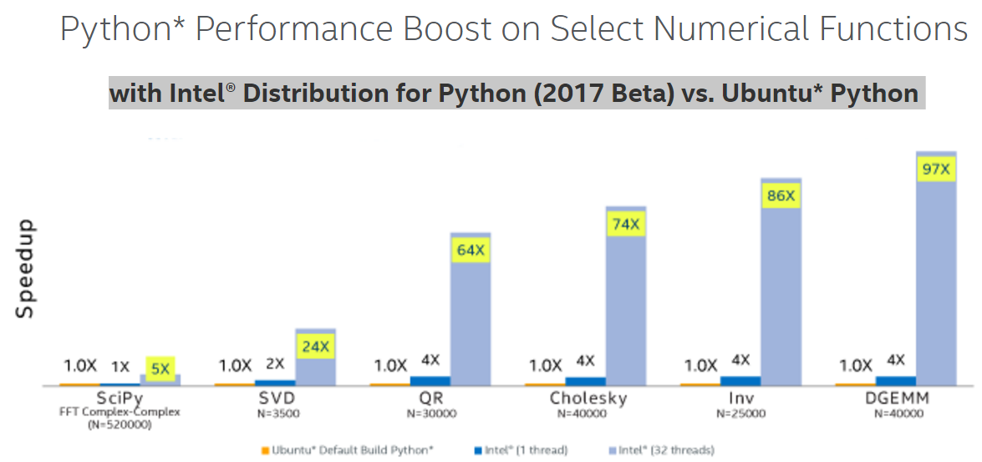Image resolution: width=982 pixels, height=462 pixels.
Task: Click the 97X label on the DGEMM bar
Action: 935,169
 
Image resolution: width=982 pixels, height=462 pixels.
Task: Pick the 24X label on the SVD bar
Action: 315,346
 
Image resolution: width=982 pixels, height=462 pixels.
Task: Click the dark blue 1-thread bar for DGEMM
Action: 896,381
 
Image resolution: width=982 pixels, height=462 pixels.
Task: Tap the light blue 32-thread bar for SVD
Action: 315,368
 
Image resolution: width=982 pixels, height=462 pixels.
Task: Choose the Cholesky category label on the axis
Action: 588,399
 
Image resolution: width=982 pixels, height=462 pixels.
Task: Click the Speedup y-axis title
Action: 25,268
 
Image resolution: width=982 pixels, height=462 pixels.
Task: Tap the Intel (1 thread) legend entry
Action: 522,450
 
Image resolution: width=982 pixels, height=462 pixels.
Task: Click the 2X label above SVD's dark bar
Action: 275,363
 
